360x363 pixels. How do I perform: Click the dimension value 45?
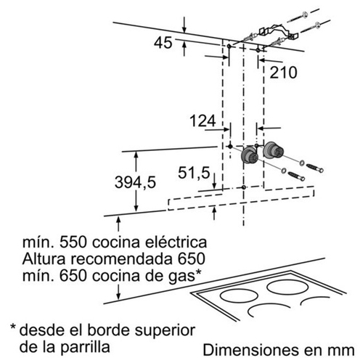tap(163, 43)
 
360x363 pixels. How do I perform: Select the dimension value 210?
tap(283, 72)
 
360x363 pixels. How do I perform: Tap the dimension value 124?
tap(202, 121)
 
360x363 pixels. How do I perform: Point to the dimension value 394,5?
tap(135, 182)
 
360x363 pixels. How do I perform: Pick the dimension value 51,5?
tap(194, 173)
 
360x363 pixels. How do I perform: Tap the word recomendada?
tap(122, 258)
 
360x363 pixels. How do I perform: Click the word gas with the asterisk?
tap(186, 276)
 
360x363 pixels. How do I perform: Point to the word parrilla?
tap(85, 347)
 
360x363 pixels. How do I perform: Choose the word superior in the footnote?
tap(165, 331)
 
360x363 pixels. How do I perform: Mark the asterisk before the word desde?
tap(13, 327)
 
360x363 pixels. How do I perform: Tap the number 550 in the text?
tap(73, 242)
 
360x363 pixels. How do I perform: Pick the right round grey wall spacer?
tap(273, 150)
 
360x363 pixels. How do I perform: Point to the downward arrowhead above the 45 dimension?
tap(184, 30)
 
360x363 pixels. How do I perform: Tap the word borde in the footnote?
tap(105, 330)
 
